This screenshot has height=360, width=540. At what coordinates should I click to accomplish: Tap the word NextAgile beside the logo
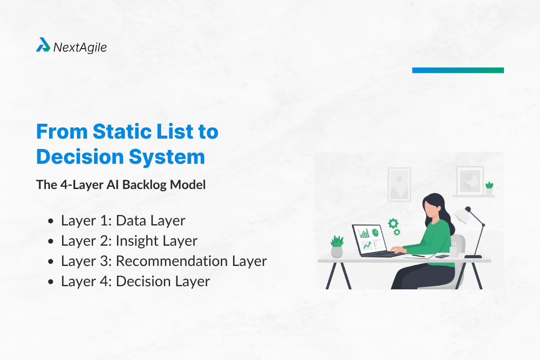coord(80,47)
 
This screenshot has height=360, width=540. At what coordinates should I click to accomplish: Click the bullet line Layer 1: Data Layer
coord(123,220)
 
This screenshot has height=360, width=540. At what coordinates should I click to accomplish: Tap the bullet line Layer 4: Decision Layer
coord(135,281)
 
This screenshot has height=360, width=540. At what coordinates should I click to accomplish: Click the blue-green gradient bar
coord(458,70)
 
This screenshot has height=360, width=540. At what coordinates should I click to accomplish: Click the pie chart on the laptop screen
coord(374,231)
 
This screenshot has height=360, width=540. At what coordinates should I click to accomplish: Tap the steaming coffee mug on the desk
coord(454,250)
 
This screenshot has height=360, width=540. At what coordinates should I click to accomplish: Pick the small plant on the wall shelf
coord(489,188)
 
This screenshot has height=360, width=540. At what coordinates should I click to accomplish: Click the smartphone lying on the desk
coord(442,256)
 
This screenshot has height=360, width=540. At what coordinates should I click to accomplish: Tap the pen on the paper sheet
coord(418,256)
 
